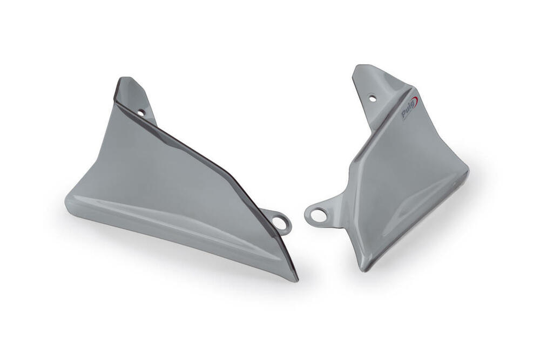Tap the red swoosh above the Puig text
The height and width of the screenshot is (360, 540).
pos(414,101)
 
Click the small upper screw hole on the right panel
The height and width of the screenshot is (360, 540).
pos(372,98)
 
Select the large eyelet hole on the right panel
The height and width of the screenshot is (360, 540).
pos(318,215)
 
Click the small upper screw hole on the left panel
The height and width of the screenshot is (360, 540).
pos(141,113)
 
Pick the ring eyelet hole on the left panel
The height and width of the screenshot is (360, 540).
pos(280,221)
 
